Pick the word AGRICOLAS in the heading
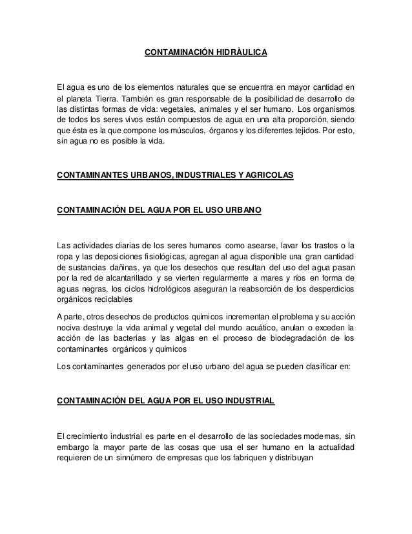pyautogui.click(x=271, y=175)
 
